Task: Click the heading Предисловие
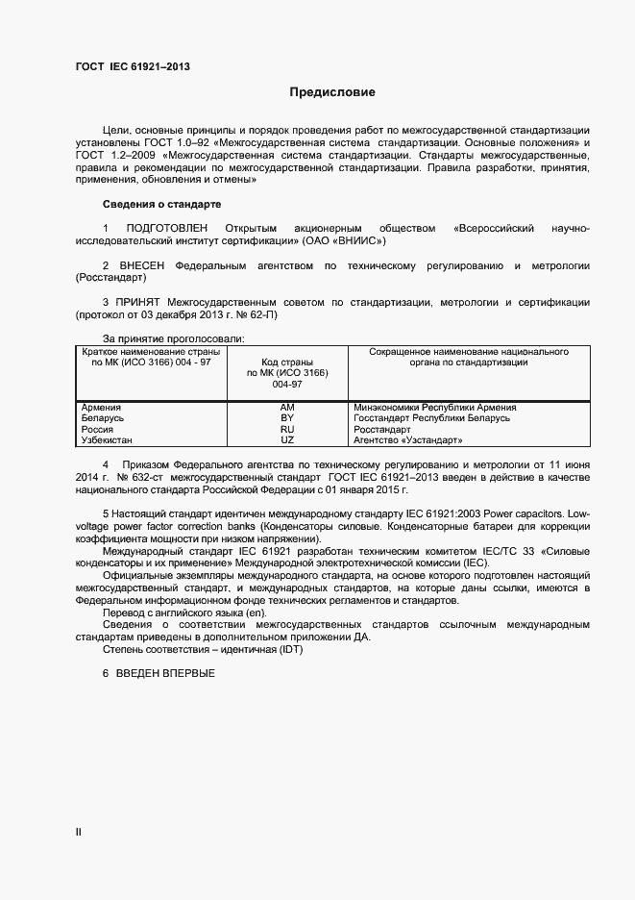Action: click(332, 92)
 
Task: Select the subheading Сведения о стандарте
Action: click(161, 204)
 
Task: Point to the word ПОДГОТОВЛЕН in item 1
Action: click(166, 228)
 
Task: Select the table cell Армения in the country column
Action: click(102, 408)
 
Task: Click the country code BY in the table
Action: click(286, 418)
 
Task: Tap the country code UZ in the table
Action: click(286, 439)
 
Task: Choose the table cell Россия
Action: click(98, 429)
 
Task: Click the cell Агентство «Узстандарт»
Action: click(407, 439)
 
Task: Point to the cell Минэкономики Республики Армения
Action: click(434, 408)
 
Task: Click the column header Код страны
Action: click(286, 362)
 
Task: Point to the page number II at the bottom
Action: click(79, 830)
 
